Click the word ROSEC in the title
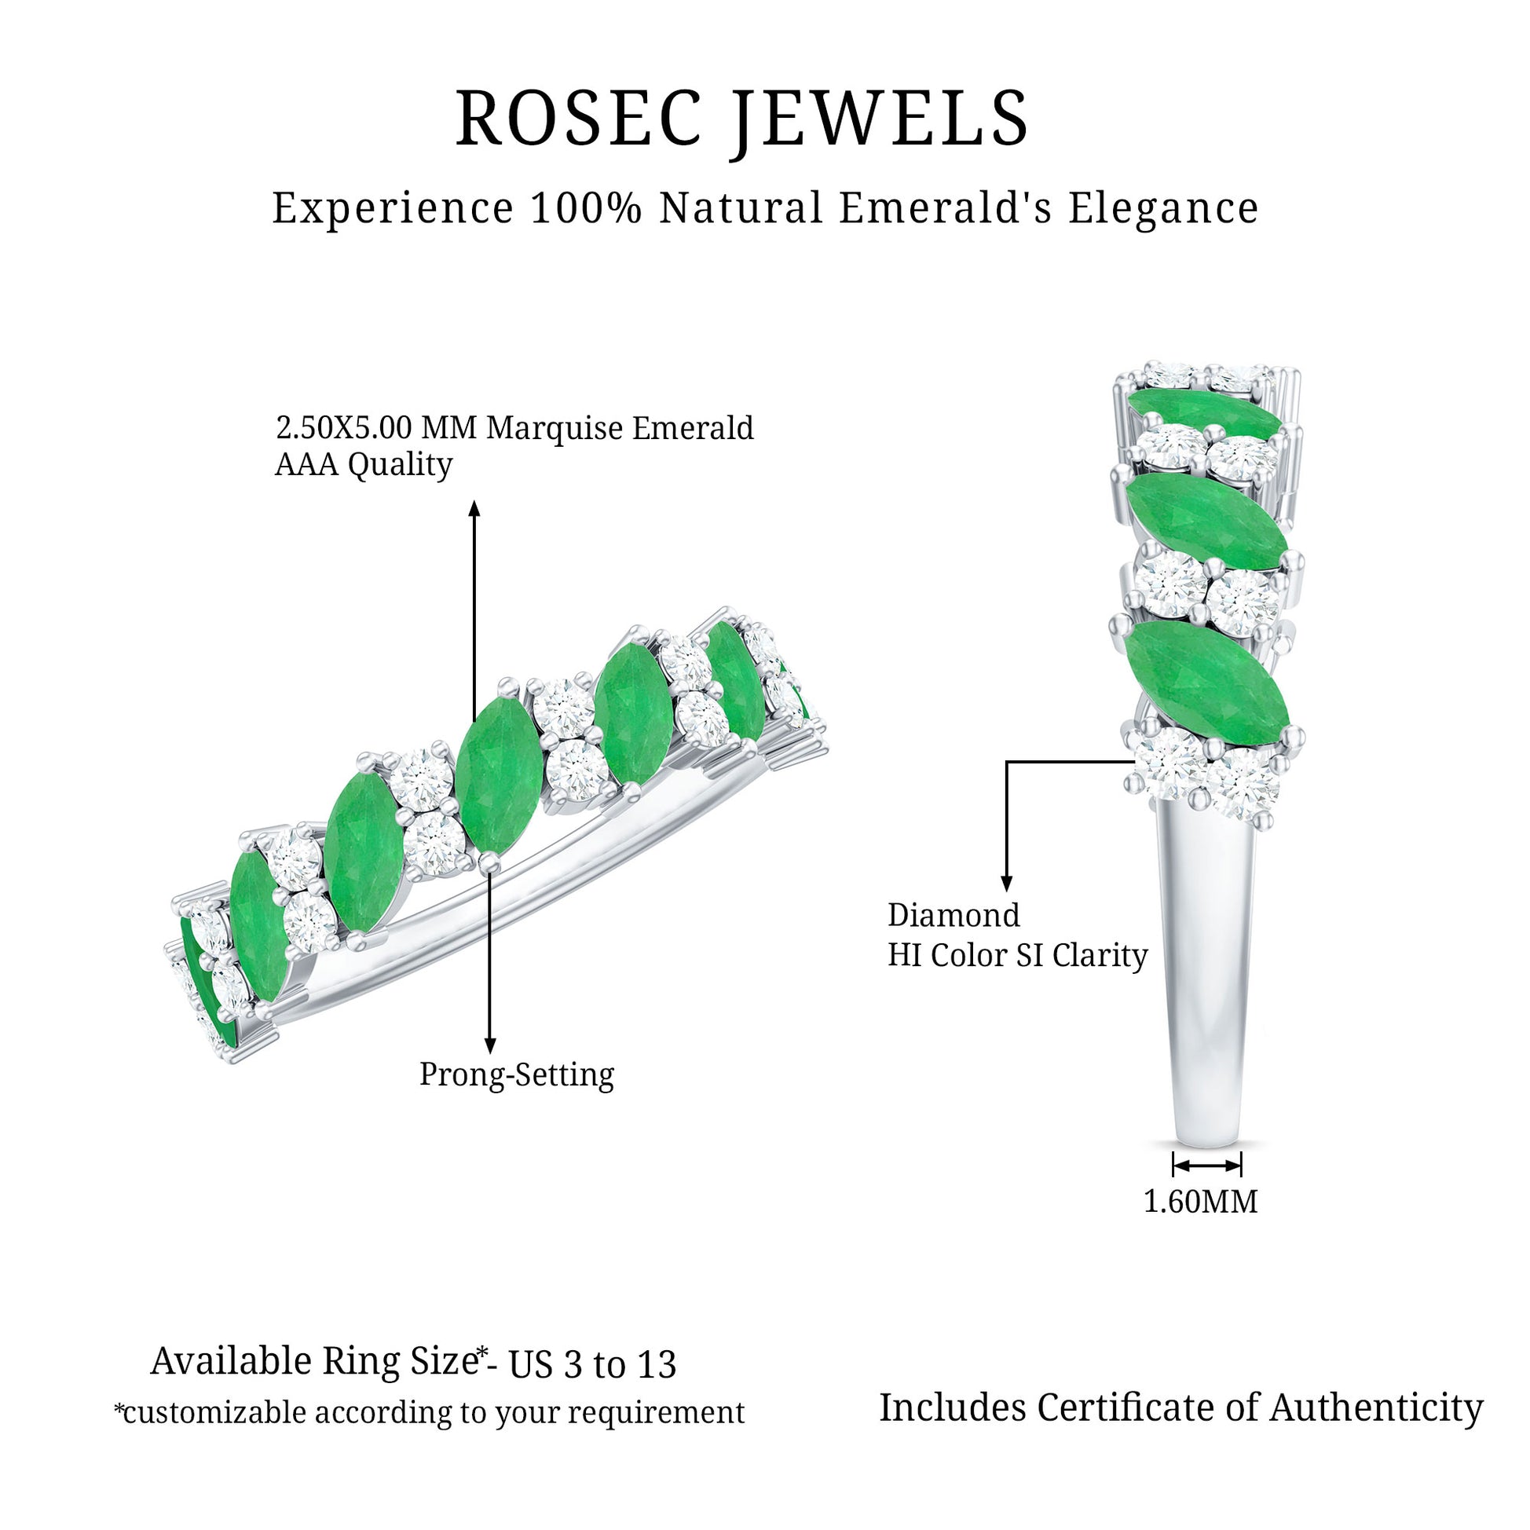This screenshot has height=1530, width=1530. pyautogui.click(x=580, y=119)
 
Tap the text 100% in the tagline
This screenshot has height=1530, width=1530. pyautogui.click(x=585, y=209)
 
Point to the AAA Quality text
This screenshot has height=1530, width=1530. pyautogui.click(x=363, y=465)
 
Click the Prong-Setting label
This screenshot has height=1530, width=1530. pyautogui.click(x=516, y=1074)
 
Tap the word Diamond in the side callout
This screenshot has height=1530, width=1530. pyautogui.click(x=954, y=916)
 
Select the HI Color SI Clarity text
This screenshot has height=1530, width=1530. pyautogui.click(x=1017, y=955)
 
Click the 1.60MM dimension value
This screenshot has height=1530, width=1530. pyautogui.click(x=1201, y=1202)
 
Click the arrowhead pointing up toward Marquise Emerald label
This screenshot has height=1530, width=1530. pyautogui.click(x=474, y=508)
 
